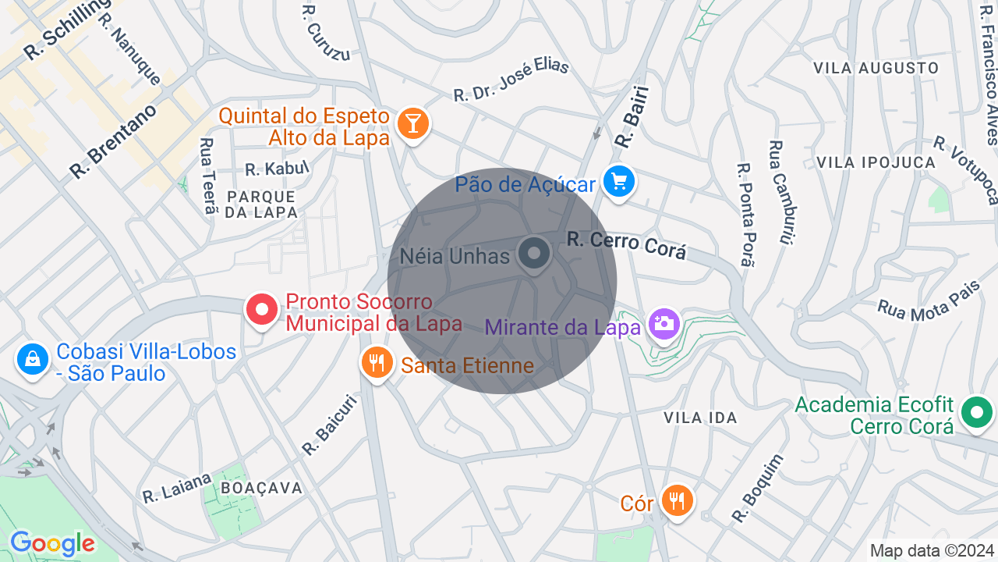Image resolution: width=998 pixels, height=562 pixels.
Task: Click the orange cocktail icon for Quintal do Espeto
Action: click(x=412, y=124)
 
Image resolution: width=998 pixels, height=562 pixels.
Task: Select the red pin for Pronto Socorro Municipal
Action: click(x=262, y=310)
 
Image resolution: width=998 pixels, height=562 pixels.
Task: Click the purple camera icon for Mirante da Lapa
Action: click(x=664, y=324)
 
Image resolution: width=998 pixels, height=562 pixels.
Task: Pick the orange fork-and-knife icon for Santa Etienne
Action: click(x=377, y=363)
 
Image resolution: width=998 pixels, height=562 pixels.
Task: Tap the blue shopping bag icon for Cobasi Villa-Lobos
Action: click(x=33, y=360)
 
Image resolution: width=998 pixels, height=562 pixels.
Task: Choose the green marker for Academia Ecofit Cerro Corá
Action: click(x=975, y=412)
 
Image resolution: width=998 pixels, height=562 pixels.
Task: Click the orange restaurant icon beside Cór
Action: click(x=676, y=500)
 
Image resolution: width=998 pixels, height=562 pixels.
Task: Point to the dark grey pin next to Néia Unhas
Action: click(x=534, y=254)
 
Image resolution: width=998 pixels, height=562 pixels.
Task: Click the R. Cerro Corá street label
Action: click(x=626, y=244)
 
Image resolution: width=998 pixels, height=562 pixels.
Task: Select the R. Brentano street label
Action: click(x=113, y=140)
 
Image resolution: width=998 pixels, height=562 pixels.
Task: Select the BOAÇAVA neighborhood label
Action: click(x=261, y=488)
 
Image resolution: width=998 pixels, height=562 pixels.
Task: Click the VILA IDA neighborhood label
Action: click(x=700, y=418)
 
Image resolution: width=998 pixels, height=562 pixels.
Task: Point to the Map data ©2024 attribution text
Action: click(x=932, y=550)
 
